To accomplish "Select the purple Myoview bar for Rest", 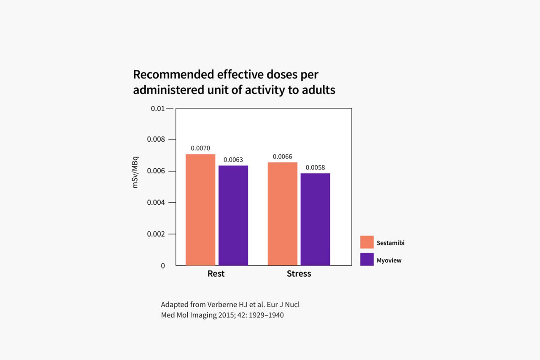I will (233, 215).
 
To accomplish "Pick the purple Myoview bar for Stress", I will (315, 219).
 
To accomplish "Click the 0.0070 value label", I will (200, 148).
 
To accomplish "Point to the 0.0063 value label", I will (233, 160).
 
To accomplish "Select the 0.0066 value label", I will (282, 157).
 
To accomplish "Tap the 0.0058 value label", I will (315, 168).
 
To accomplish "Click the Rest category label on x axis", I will (216, 274).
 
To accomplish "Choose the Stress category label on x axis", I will (299, 274).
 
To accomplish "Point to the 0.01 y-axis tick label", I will (157, 109).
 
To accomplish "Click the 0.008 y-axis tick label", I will (156, 140).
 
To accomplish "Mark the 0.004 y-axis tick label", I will (156, 202).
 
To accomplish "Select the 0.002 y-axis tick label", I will (156, 234).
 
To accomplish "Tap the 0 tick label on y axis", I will (162, 266).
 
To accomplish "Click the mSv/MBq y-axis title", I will (135, 172).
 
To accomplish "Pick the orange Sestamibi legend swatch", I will (367, 242).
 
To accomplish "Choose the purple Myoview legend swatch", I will (367, 260).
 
